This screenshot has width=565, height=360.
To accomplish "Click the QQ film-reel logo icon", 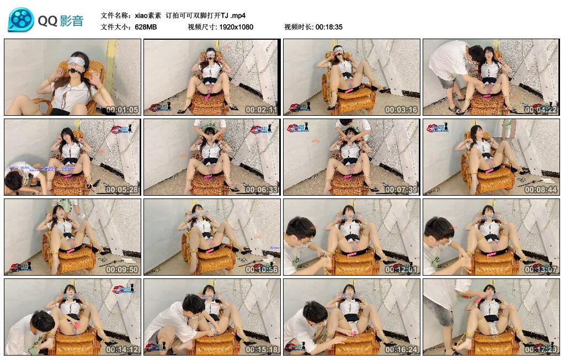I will pyautogui.click(x=21, y=20).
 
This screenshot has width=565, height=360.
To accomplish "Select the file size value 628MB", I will pyautogui.click(x=146, y=26).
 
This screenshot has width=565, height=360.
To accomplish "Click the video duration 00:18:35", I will pyautogui.click(x=329, y=26).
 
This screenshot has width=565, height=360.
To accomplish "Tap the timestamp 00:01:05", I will pyautogui.click(x=122, y=110).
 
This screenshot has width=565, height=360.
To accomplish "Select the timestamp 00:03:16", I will pyautogui.click(x=401, y=110).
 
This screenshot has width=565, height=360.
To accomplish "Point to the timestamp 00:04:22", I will pyautogui.click(x=541, y=110).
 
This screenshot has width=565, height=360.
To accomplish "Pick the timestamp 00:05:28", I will pyautogui.click(x=122, y=190).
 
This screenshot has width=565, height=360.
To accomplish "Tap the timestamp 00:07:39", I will pyautogui.click(x=401, y=190).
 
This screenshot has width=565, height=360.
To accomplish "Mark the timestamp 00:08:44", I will pyautogui.click(x=541, y=190).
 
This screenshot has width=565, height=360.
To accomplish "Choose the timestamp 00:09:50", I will pyautogui.click(x=122, y=270).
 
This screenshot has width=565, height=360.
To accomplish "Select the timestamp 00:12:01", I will pyautogui.click(x=401, y=270).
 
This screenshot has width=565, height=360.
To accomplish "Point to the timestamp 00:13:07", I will pyautogui.click(x=541, y=270).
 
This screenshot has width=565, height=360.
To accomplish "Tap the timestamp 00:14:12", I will pyautogui.click(x=122, y=350).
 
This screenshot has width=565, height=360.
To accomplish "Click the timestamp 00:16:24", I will pyautogui.click(x=401, y=350).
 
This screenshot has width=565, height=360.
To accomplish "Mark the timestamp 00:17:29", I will pyautogui.click(x=541, y=350).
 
